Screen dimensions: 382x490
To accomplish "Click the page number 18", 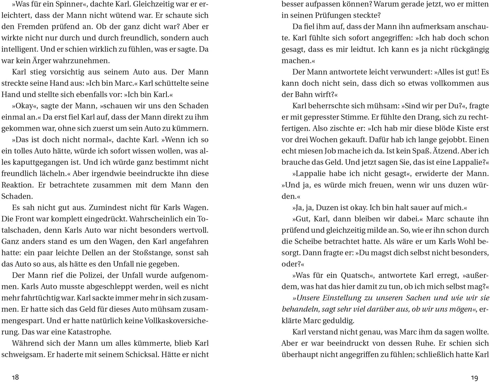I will point(15,377).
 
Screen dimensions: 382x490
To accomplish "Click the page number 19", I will point(474,377).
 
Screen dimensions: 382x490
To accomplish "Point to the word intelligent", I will point(20,49).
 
